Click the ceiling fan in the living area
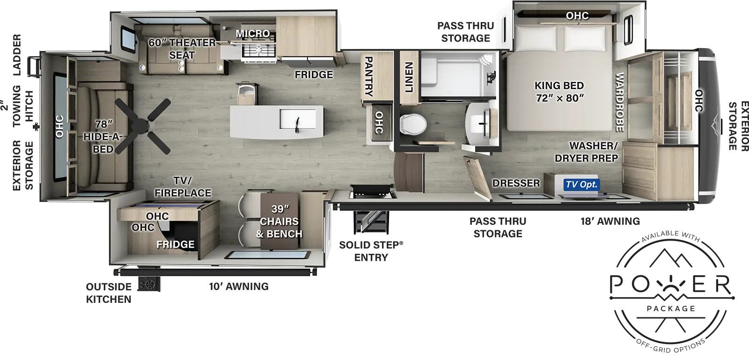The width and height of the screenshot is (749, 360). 142,125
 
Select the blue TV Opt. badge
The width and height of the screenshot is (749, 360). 581,184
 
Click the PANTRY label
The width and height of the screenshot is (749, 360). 368,76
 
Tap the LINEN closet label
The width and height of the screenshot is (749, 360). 409,77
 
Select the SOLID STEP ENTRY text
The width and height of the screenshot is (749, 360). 371,251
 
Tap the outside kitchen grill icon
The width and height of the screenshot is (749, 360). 149,284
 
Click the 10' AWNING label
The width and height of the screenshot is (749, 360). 239,286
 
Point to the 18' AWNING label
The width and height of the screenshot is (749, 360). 610,221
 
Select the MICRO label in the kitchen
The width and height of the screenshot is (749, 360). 253,33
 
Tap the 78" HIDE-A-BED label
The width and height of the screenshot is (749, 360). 103,137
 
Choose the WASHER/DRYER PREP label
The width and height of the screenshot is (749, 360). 587,152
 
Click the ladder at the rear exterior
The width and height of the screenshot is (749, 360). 34,66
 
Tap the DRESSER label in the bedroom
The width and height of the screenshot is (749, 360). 516,183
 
